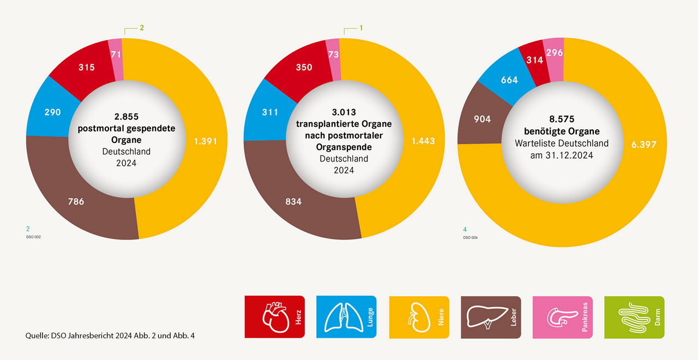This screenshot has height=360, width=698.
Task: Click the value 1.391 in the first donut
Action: tap(206, 141)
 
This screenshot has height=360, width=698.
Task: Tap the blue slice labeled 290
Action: tap(52, 112)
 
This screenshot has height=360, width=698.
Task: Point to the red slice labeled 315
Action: tap(86, 68)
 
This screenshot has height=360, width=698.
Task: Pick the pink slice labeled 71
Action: tap(115, 54)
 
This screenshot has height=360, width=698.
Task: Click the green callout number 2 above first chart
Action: tap(142, 27)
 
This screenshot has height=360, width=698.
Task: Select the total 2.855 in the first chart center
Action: tap(127, 117)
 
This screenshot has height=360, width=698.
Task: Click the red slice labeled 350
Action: tap(304, 68)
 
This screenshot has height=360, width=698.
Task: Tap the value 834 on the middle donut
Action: tap(293, 201)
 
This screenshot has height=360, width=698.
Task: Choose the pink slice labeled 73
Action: tap(334, 54)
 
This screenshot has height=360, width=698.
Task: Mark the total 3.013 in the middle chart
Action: tap(344, 112)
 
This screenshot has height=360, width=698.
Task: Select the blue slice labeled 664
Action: tap(509, 80)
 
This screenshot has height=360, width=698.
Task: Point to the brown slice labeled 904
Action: tap(483, 119)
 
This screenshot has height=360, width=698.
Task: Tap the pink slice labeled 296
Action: tap(553, 53)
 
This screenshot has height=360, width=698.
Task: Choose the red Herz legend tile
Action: tap(274, 317)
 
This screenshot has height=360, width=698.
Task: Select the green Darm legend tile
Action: tap(634, 317)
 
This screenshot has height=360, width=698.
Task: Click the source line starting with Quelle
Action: tap(110, 335)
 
